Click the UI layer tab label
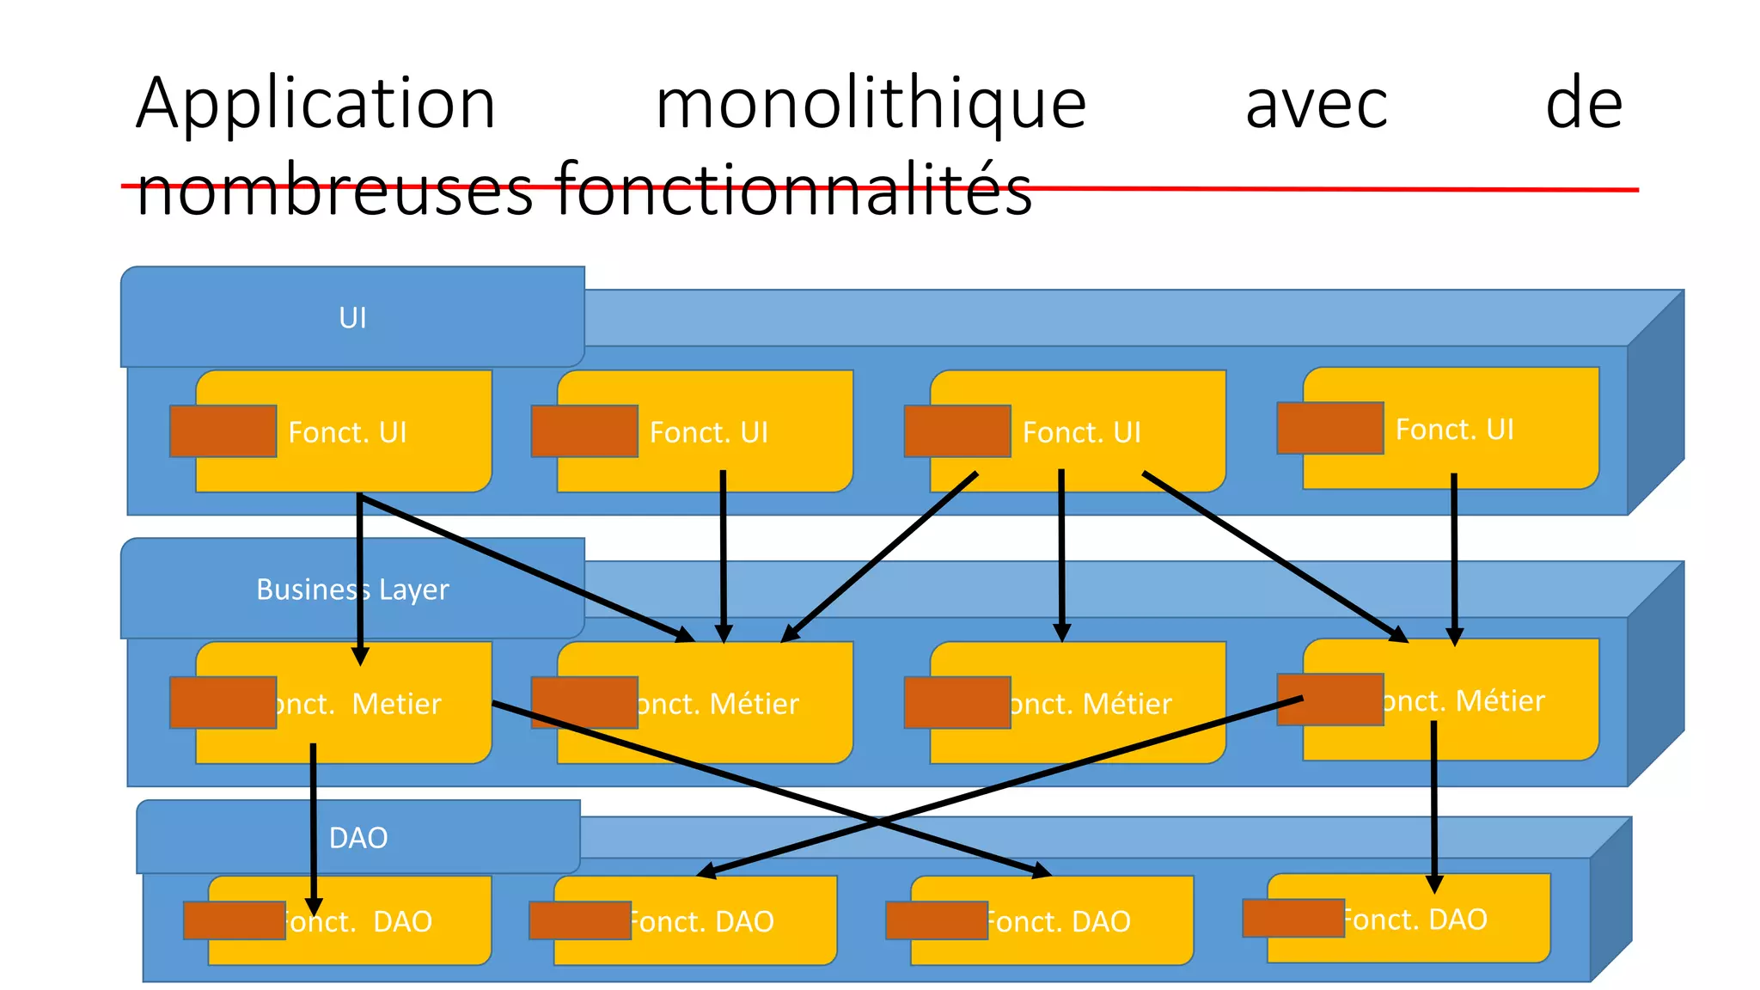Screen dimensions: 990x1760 [x=352, y=318]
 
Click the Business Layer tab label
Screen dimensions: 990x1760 [x=352, y=590]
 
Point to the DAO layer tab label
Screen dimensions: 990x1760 [x=358, y=838]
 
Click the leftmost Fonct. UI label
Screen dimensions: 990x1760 [x=347, y=432]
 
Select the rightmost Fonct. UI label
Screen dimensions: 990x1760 [x=1454, y=429]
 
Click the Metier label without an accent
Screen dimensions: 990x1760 [x=395, y=704]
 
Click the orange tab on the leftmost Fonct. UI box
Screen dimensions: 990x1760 [x=223, y=431]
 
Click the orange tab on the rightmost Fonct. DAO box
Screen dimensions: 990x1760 [x=1293, y=918]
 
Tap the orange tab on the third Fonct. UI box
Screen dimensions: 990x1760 [x=957, y=431]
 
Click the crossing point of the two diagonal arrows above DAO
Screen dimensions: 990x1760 [x=877, y=822]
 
